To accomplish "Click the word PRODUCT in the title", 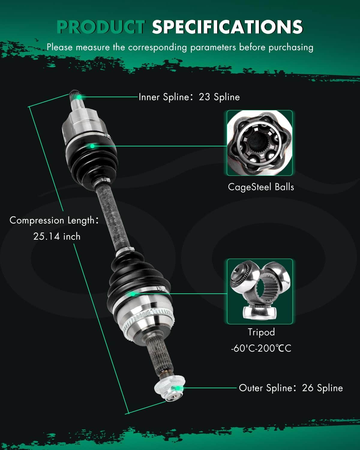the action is pyautogui.click(x=101, y=27).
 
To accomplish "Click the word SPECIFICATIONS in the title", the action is pyautogui.click(x=227, y=27).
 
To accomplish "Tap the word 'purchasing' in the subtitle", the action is pyautogui.click(x=291, y=47).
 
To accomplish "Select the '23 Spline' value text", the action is pyautogui.click(x=219, y=97).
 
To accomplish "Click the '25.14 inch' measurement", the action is pyautogui.click(x=57, y=236).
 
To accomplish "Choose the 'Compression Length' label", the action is pyautogui.click(x=52, y=220).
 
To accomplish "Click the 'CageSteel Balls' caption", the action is pyautogui.click(x=261, y=187).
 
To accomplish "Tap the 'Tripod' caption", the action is pyautogui.click(x=261, y=332).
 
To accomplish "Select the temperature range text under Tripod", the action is pyautogui.click(x=261, y=349).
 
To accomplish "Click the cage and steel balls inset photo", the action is pyautogui.click(x=259, y=143).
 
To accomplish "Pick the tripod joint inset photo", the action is pyautogui.click(x=260, y=292).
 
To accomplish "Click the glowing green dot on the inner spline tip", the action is pyautogui.click(x=79, y=97).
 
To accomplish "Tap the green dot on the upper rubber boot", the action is pyautogui.click(x=92, y=146).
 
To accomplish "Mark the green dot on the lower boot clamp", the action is pyautogui.click(x=133, y=294).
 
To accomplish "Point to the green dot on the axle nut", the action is pyautogui.click(x=178, y=388).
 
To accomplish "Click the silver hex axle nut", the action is pyautogui.click(x=170, y=389).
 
